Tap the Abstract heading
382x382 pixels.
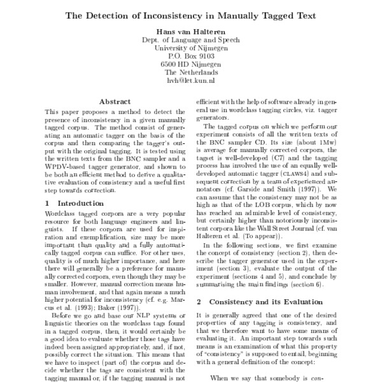(x=115, y=101)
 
